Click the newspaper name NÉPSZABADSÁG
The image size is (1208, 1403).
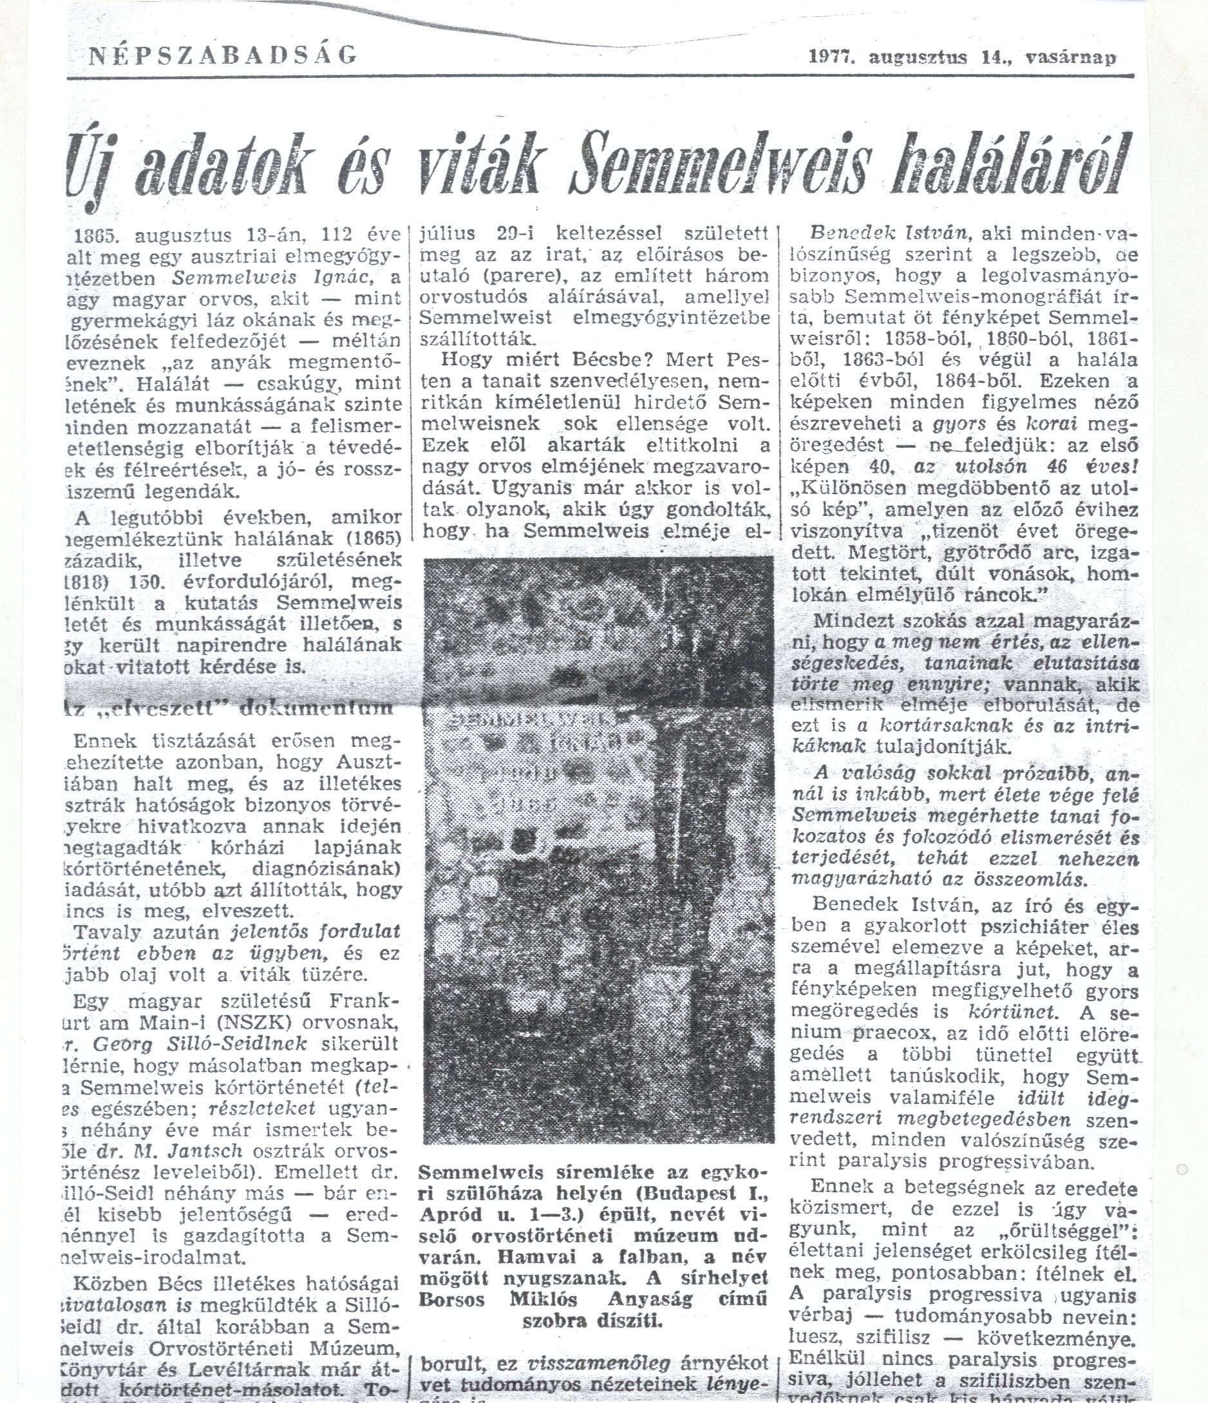(x=223, y=55)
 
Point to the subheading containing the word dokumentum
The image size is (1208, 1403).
(x=230, y=709)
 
